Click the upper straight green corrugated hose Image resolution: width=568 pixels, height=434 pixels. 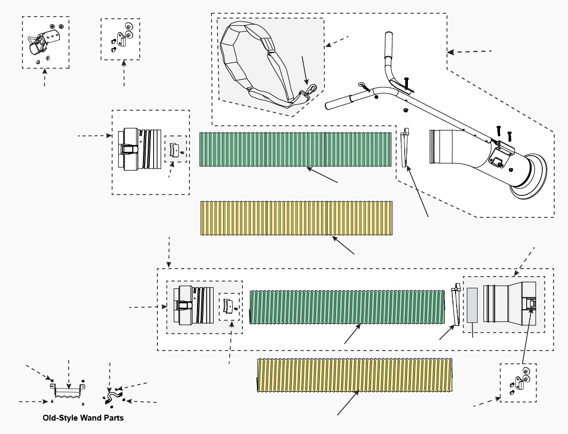point(295,149)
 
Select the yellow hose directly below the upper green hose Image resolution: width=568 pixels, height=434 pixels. point(297,218)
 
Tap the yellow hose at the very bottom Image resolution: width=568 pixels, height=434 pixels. point(355,375)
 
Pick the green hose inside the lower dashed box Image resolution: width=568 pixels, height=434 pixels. point(347,307)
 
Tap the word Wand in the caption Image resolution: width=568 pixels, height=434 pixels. point(90,418)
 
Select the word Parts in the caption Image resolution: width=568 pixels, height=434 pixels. point(113,418)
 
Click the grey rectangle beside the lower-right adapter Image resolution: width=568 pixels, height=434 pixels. point(472,305)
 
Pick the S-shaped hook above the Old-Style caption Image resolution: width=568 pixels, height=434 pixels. point(112,397)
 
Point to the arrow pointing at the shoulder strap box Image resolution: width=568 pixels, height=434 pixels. point(337,41)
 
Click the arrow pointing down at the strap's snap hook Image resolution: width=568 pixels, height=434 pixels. point(305,70)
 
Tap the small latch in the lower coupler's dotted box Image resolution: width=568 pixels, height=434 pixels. point(228,306)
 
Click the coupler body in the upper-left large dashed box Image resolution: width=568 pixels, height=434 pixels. point(140,149)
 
